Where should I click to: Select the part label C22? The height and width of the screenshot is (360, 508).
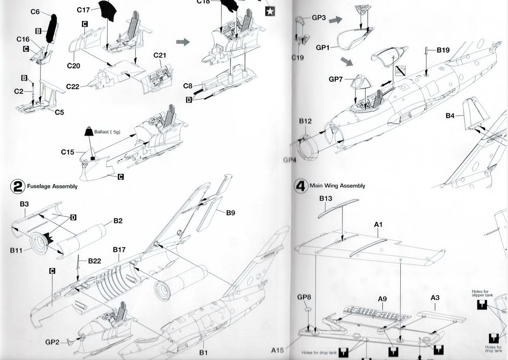pos(73,87)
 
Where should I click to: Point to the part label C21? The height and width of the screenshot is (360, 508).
pos(160,55)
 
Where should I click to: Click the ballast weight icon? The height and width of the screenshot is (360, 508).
pos(88,131)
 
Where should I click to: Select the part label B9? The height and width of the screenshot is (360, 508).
pos(230,213)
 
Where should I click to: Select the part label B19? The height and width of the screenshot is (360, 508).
pos(443,50)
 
